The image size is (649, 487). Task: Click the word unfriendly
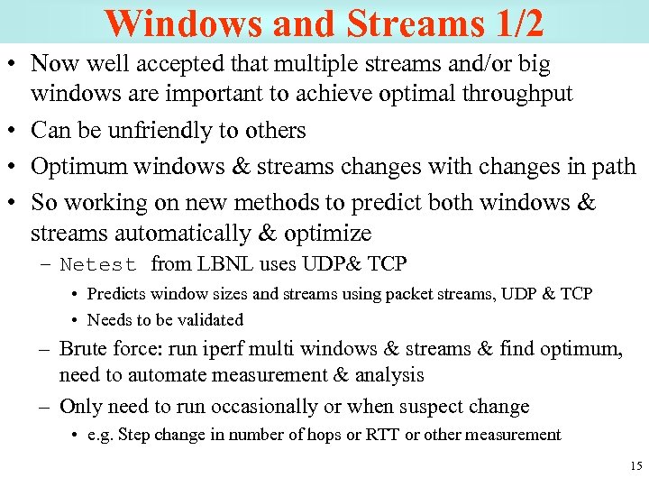point(149,131)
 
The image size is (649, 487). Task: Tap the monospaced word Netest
point(98,265)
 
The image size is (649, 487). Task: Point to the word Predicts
point(118,295)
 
